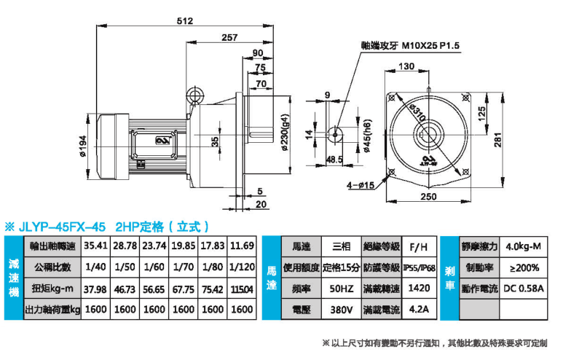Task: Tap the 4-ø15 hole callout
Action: pos(361,185)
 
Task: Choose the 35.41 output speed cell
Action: pos(96,246)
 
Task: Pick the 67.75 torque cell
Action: pos(183,289)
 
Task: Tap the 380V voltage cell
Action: pos(341,310)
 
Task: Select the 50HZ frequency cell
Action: pos(341,289)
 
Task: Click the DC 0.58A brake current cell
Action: pos(523,289)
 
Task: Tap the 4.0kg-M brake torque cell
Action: pos(523,246)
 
